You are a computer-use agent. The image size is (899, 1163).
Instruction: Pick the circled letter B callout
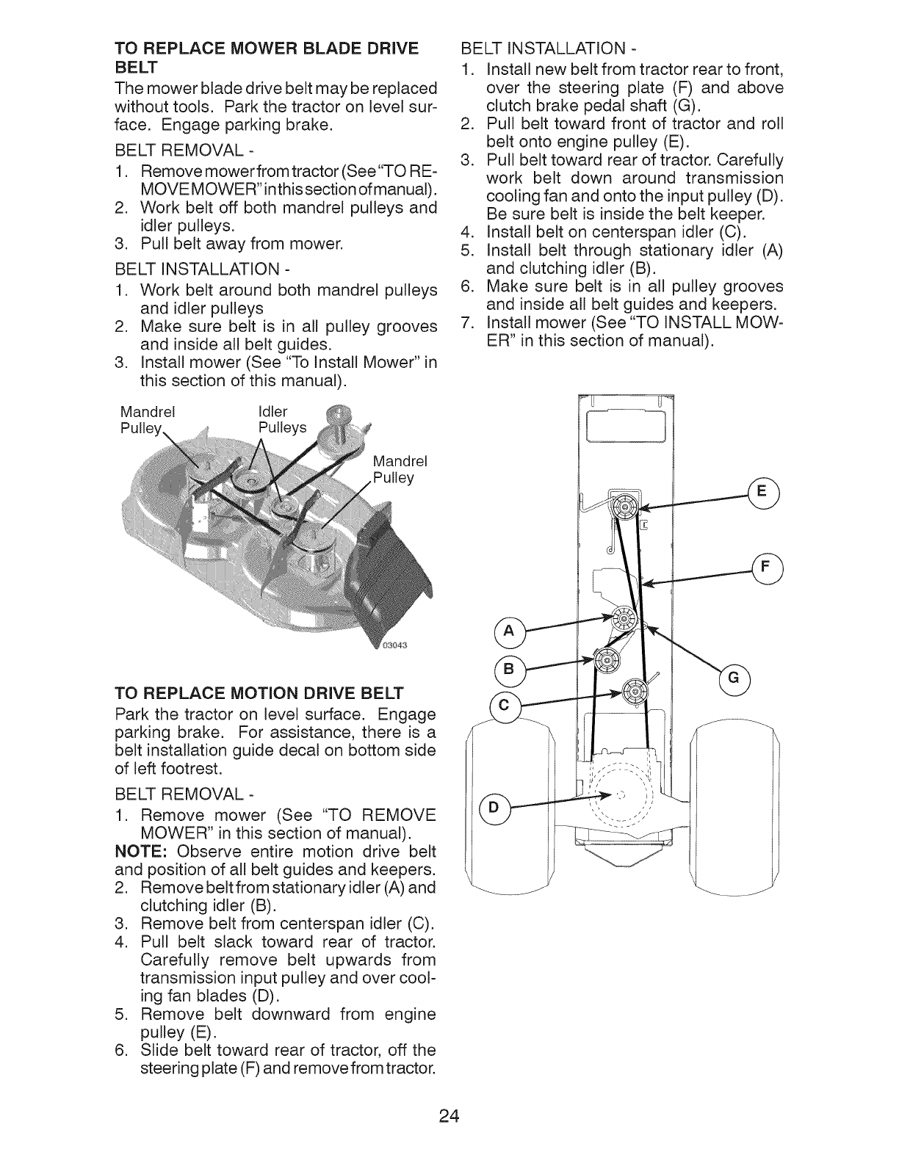tap(508, 669)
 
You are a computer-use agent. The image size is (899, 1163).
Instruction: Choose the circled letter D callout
tap(493, 807)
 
